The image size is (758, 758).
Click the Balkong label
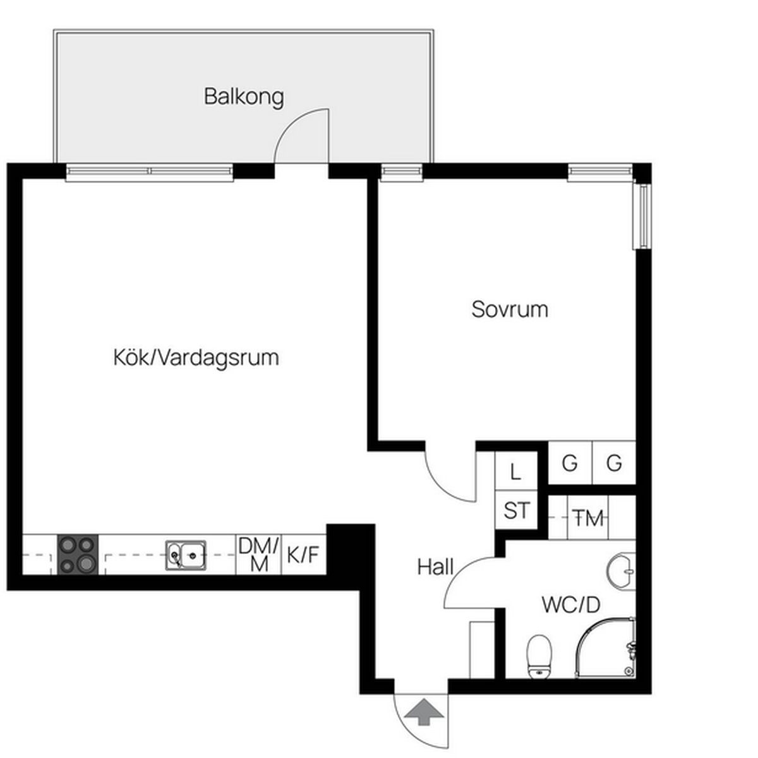[x=243, y=97]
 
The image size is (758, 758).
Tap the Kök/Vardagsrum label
[x=196, y=358]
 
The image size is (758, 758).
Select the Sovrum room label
[x=510, y=309]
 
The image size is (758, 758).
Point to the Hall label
[x=435, y=567]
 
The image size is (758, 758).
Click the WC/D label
[x=571, y=605]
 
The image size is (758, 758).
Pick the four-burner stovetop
[x=78, y=555]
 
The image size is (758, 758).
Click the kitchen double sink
[x=186, y=555]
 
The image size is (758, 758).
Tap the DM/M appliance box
[x=258, y=555]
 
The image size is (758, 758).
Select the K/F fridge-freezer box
[x=304, y=555]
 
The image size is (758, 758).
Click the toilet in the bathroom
[x=539, y=656]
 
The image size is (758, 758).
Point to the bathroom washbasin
[x=621, y=571]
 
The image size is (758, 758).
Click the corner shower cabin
[x=605, y=648]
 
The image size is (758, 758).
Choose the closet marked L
[x=516, y=471]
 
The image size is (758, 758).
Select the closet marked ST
[x=516, y=510]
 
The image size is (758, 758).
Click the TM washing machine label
[x=588, y=518]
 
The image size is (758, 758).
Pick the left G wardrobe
[x=570, y=463]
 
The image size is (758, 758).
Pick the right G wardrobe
[x=614, y=463]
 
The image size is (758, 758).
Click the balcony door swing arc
[x=291, y=124]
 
